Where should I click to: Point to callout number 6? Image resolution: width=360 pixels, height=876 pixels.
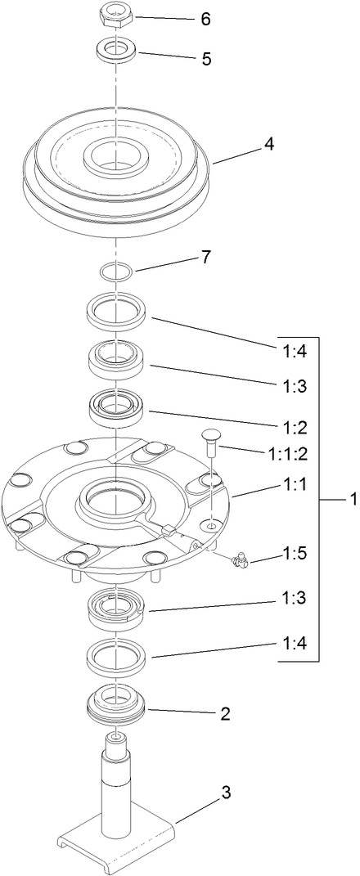click(205, 19)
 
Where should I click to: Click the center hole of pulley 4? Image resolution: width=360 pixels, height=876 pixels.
click(116, 155)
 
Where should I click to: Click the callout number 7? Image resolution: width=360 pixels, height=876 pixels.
click(205, 257)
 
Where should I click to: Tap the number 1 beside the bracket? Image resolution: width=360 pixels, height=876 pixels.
click(353, 498)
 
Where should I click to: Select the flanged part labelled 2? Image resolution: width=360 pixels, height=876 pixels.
click(116, 703)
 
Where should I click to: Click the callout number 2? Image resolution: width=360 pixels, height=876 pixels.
click(224, 713)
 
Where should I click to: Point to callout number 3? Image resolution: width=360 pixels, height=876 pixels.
click(226, 792)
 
